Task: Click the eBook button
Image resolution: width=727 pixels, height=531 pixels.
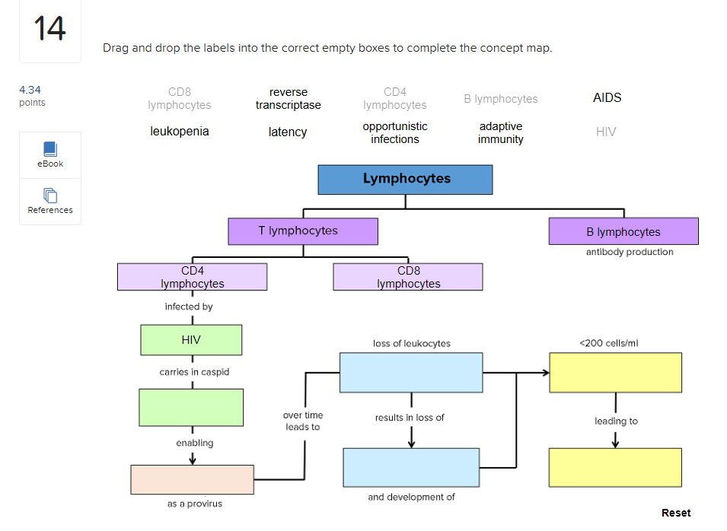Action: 50,155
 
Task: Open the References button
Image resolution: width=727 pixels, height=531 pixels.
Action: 50,202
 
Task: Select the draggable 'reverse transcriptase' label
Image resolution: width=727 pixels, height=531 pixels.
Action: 288,99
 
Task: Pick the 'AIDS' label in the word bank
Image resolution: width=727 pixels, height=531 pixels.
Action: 607,97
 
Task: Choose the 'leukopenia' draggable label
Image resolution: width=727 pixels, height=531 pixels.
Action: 180,132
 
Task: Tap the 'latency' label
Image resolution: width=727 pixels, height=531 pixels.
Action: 288,132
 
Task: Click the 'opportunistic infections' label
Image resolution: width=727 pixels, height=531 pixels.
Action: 394,132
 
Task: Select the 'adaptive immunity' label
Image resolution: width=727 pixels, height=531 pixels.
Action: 501,132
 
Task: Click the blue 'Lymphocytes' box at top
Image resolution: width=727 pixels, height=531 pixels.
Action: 405,180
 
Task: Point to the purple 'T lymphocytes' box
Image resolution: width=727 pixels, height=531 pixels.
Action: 302,231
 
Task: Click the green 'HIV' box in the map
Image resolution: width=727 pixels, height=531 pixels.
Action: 191,340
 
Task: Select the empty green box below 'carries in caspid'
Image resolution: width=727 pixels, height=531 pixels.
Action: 191,407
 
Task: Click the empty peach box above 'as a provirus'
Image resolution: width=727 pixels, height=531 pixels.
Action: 192,479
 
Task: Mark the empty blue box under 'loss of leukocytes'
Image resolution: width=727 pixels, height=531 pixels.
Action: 410,373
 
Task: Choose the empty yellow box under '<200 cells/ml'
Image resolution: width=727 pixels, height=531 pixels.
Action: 615,372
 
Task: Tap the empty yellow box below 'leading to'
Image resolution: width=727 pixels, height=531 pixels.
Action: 615,467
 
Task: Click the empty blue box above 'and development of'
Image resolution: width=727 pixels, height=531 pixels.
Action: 411,467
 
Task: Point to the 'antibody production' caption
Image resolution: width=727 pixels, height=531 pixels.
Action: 630,252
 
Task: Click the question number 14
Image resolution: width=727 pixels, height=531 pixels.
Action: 50,30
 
